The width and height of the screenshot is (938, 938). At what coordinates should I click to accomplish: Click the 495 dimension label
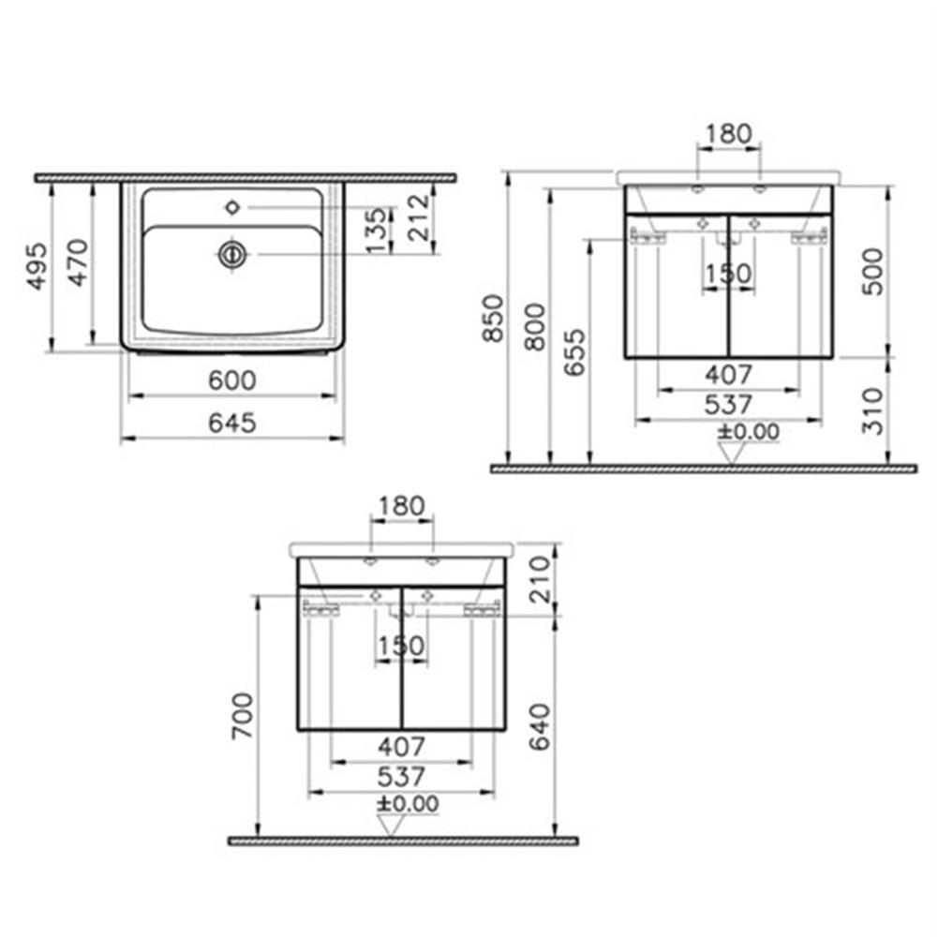pos(37,266)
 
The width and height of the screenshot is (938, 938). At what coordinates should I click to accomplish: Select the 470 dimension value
pos(79,262)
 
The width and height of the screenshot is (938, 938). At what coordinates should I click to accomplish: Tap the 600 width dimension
pos(232,380)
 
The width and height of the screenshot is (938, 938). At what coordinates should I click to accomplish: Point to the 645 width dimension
pos(232,423)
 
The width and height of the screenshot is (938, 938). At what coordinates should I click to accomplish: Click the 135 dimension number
pos(377,231)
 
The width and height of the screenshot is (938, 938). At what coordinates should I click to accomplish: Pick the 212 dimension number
pos(419,217)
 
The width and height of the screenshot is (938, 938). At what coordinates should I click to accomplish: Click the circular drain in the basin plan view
pos(232,255)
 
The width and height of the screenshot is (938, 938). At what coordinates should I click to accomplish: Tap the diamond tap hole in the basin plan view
pos(232,208)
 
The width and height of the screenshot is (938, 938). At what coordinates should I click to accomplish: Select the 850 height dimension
pos(494,318)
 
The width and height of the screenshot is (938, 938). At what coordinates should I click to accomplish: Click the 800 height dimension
pos(536,327)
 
